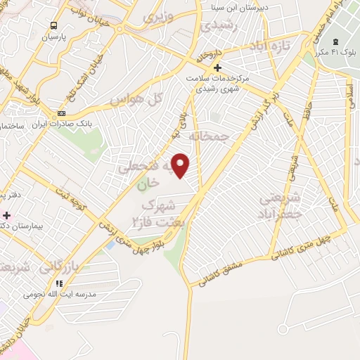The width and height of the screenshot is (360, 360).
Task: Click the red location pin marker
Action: click(x=181, y=166)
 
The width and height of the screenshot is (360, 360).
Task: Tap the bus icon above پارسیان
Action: click(x=53, y=26)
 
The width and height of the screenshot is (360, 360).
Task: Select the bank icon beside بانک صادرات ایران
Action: click(x=62, y=114)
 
